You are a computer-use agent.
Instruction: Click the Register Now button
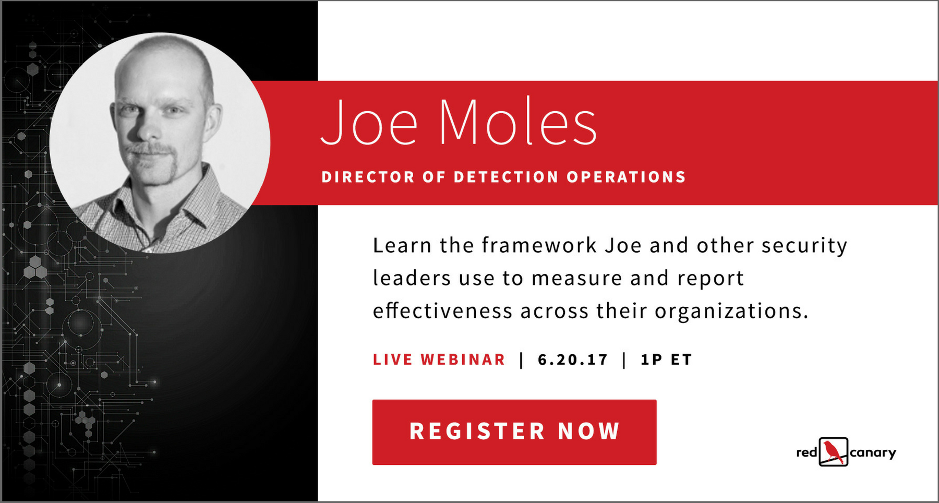pyautogui.click(x=514, y=432)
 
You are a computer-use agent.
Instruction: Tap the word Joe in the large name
pyautogui.click(x=369, y=122)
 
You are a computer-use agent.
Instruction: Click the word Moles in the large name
pyautogui.click(x=518, y=121)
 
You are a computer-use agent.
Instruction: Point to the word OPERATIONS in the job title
pyautogui.click(x=626, y=177)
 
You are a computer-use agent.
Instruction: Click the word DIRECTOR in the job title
pyautogui.click(x=368, y=177)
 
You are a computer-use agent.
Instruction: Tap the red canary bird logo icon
pyautogui.click(x=834, y=452)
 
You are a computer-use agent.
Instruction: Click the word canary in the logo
pyautogui.click(x=873, y=453)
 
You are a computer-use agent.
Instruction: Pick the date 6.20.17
pyautogui.click(x=573, y=360)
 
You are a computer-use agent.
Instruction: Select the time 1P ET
pyautogui.click(x=666, y=360)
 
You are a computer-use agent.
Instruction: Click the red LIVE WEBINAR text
pyautogui.click(x=439, y=360)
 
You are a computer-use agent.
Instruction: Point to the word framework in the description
pyautogui.click(x=539, y=245)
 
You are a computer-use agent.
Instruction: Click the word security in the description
pyautogui.click(x=804, y=246)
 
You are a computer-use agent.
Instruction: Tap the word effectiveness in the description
pyautogui.click(x=442, y=311)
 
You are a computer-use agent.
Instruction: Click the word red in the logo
pyautogui.click(x=806, y=452)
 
